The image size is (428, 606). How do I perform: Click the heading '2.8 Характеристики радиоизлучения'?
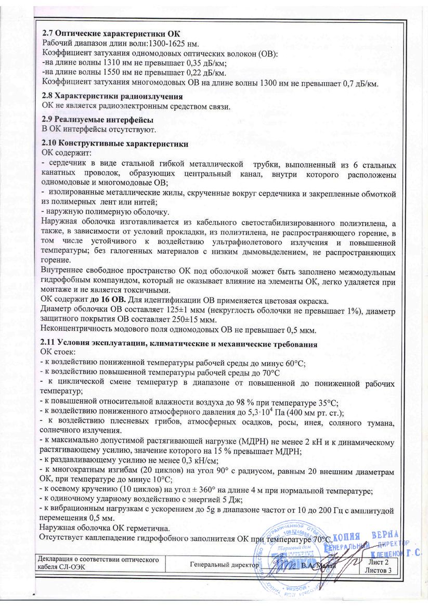pos(112,97)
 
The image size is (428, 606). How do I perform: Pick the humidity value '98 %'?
pos(225,401)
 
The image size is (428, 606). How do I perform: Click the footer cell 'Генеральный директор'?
pos(224,564)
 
